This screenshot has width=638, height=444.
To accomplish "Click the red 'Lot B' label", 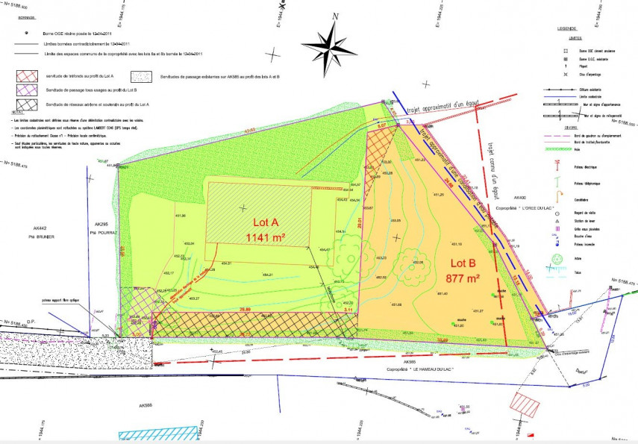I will tap(463, 263).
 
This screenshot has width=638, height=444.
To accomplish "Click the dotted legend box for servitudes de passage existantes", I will tap(141, 76).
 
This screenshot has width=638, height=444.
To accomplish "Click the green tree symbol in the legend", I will tap(557, 260).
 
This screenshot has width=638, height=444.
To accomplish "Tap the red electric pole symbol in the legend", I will tap(557, 163).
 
